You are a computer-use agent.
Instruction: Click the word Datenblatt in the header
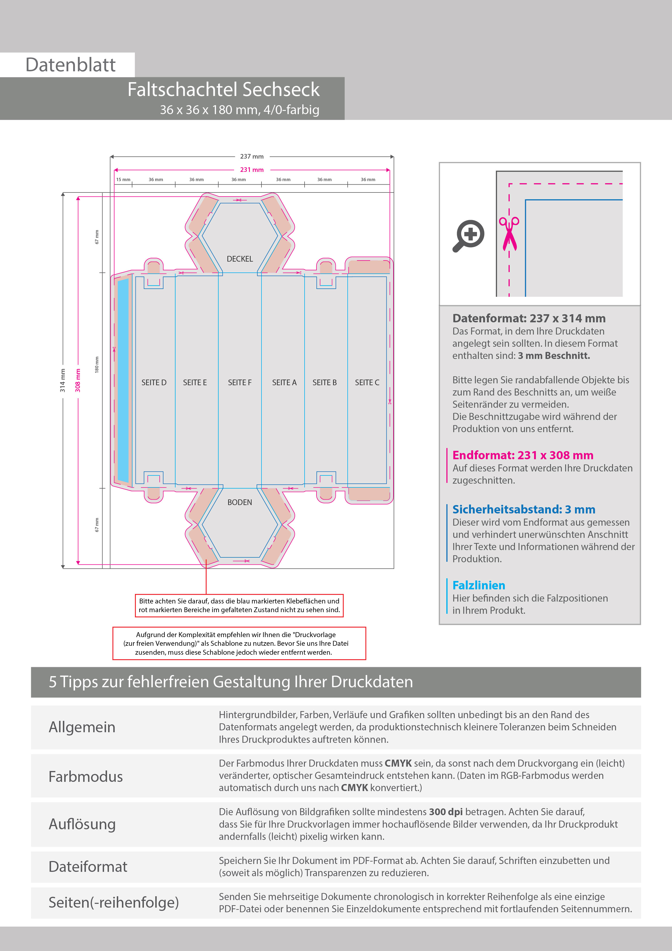tap(70, 65)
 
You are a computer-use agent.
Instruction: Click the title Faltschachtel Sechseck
tap(223, 89)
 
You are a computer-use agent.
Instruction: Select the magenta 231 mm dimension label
tap(252, 170)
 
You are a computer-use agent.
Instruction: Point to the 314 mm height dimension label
tap(63, 380)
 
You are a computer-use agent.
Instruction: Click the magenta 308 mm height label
tap(78, 380)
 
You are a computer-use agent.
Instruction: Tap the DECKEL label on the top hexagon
tap(240, 259)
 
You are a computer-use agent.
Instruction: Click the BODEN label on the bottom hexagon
tap(240, 502)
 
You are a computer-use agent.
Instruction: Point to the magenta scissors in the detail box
tap(509, 234)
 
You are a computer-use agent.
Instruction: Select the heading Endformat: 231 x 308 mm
tap(522, 455)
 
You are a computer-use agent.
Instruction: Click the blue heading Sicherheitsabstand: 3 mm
tap(524, 509)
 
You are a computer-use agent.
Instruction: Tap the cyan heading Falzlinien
tap(479, 585)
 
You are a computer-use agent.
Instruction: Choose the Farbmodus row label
tap(86, 777)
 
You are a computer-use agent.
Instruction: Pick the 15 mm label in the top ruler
tap(123, 180)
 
